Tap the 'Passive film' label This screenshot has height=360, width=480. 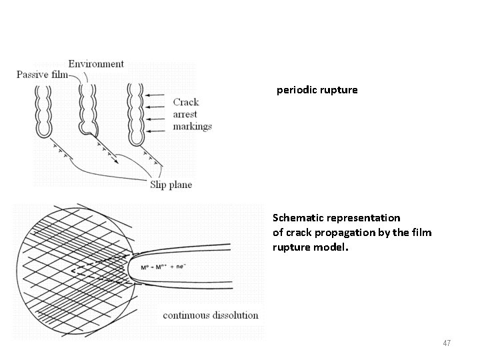41,75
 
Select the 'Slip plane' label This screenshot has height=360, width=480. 171,185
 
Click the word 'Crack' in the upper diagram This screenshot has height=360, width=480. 186,102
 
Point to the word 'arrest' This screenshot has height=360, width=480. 186,114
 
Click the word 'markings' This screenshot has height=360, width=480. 192,126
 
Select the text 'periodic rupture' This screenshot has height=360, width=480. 317,89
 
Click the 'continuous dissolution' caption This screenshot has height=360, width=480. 211,315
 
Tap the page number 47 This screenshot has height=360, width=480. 447,343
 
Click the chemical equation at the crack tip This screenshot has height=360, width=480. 163,267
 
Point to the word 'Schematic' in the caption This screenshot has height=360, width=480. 298,218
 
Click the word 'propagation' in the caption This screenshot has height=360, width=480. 344,232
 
